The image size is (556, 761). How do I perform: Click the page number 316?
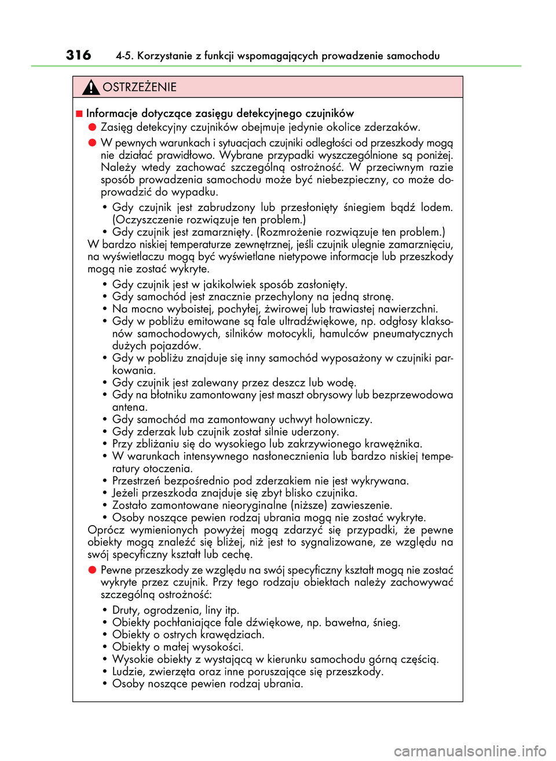tap(78, 55)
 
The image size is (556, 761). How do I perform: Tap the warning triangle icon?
tap(91, 88)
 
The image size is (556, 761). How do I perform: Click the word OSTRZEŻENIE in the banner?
tap(140, 88)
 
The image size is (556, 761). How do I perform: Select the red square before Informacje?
tap(79, 114)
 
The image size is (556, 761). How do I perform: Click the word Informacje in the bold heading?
tap(112, 114)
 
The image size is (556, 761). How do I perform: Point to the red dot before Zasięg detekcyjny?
tap(92, 127)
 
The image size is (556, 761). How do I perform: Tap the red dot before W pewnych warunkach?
tap(92, 142)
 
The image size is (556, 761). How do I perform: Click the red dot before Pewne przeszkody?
tap(92, 570)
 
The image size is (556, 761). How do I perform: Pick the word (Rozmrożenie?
tap(291, 232)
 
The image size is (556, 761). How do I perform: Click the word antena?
tap(130, 407)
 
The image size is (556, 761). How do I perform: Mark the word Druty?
tap(126, 610)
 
